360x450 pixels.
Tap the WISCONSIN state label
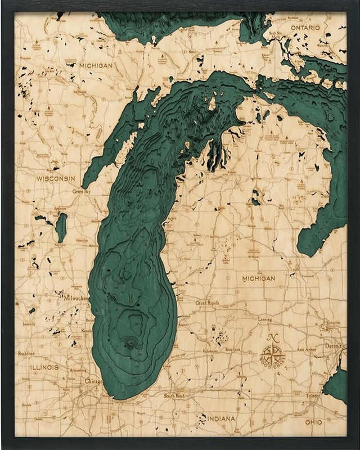[x=56, y=178]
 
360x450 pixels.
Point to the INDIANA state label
[x=220, y=419]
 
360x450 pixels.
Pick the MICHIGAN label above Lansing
[x=258, y=278]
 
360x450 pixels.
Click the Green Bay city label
[x=82, y=191]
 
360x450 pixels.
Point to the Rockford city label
[x=26, y=354]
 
